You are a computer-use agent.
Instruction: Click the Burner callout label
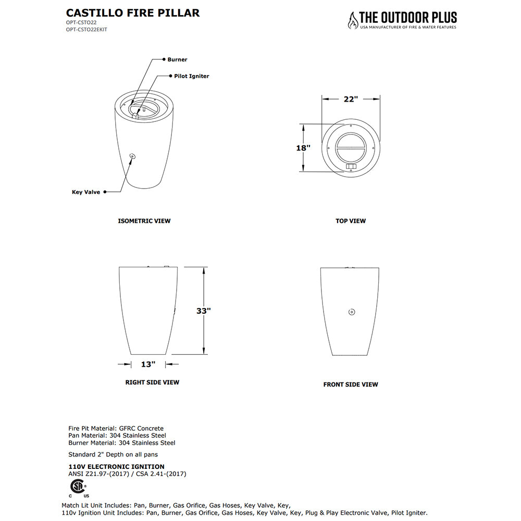point(177,60)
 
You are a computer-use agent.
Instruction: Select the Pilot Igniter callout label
point(191,76)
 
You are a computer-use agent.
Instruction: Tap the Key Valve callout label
point(86,192)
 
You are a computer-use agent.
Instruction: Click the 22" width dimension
point(351,99)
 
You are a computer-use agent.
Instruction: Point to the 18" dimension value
point(303,148)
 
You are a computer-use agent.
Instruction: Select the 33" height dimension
point(204,311)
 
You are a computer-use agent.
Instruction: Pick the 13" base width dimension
point(148,364)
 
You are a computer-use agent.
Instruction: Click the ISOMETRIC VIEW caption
point(144,221)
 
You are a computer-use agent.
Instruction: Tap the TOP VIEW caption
point(351,221)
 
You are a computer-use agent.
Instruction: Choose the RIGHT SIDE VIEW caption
point(152,382)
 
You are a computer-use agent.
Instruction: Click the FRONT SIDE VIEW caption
point(351,384)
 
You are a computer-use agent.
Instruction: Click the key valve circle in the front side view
point(351,312)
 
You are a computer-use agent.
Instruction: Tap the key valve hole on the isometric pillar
point(132,156)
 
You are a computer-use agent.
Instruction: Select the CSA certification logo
point(78,488)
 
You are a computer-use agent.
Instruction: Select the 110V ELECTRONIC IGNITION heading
point(117,467)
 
